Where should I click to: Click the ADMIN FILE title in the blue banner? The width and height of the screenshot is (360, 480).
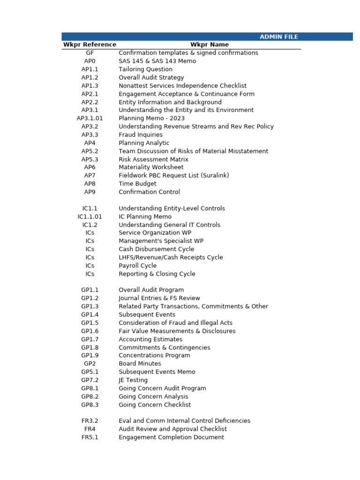(x=279, y=37)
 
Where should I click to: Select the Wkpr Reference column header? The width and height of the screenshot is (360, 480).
(x=90, y=45)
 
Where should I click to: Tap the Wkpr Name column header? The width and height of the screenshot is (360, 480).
(x=210, y=45)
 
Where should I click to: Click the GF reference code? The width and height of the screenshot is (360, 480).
(x=90, y=53)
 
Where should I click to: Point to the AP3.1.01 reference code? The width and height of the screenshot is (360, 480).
(x=90, y=118)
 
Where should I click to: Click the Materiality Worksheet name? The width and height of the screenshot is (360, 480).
(x=151, y=167)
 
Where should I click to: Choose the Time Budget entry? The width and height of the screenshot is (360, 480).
(x=137, y=184)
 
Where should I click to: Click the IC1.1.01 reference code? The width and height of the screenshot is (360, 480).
(x=90, y=217)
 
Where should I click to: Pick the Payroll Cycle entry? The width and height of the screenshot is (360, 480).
(x=137, y=266)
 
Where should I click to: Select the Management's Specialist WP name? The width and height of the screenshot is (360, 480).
(x=161, y=241)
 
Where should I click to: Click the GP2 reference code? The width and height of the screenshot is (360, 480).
(x=90, y=364)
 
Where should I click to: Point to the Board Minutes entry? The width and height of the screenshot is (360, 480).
(x=140, y=364)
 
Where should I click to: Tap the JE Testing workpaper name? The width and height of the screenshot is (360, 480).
(x=133, y=380)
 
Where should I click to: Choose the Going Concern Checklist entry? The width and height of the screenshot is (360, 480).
(x=155, y=405)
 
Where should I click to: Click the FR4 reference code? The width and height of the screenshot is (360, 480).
(x=90, y=429)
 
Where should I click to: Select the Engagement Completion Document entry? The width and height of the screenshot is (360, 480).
(x=171, y=437)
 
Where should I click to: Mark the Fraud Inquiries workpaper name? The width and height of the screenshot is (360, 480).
(x=141, y=135)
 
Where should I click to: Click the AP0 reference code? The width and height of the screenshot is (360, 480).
(x=90, y=61)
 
